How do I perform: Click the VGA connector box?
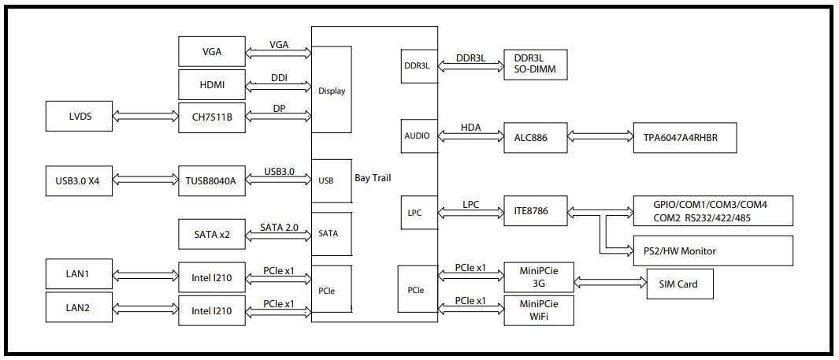coord(212,52)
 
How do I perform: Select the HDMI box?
coord(212,84)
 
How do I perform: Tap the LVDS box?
coord(80,116)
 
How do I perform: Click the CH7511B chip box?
coord(212,117)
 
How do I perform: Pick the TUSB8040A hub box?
coord(212,180)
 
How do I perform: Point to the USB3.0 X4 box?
coord(80,180)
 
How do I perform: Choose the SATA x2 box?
coord(212,235)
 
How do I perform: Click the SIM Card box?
coord(679,284)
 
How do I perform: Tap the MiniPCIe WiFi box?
coord(538,310)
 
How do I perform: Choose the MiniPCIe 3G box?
coord(538,277)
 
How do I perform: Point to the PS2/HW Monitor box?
coord(712,251)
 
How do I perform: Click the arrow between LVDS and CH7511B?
coord(146,117)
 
